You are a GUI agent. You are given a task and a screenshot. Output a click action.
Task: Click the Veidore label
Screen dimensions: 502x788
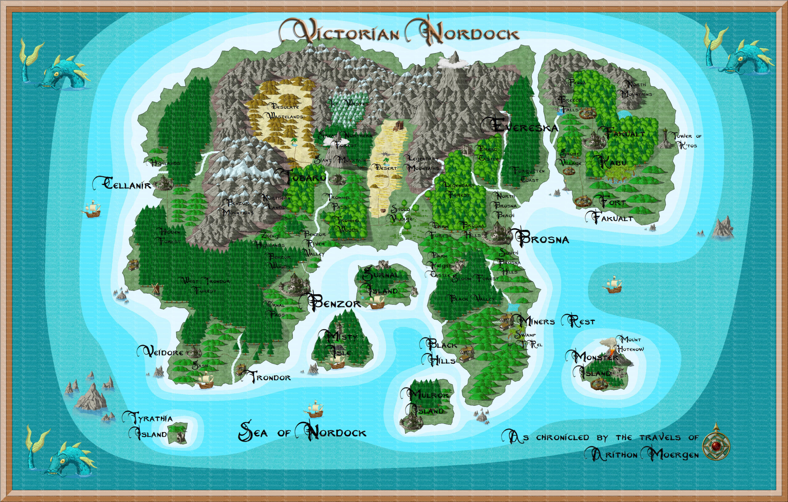pyautogui.click(x=161, y=352)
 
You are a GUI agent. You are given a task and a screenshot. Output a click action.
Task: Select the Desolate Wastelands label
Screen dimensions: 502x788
pyautogui.click(x=284, y=111)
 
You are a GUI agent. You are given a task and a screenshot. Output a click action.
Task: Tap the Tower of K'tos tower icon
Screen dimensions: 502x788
pyautogui.click(x=665, y=139)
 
